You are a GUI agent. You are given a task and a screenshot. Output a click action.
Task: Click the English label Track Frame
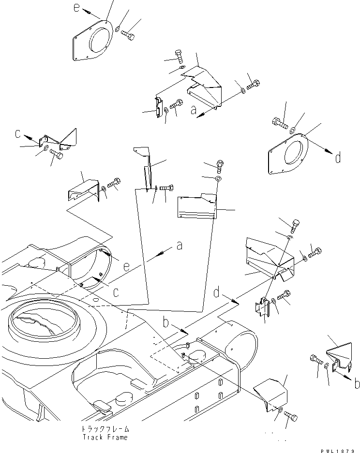pos(105,437)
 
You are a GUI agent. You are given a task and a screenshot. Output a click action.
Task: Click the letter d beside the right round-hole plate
pos(337,157)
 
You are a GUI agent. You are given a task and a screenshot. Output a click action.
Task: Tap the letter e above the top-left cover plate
pos(75,7)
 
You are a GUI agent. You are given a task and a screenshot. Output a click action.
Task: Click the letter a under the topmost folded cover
pos(194,111)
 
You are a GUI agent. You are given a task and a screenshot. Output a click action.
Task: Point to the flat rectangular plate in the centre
pos(196,207)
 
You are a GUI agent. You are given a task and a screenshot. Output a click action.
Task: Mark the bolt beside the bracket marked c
pos(56,153)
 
